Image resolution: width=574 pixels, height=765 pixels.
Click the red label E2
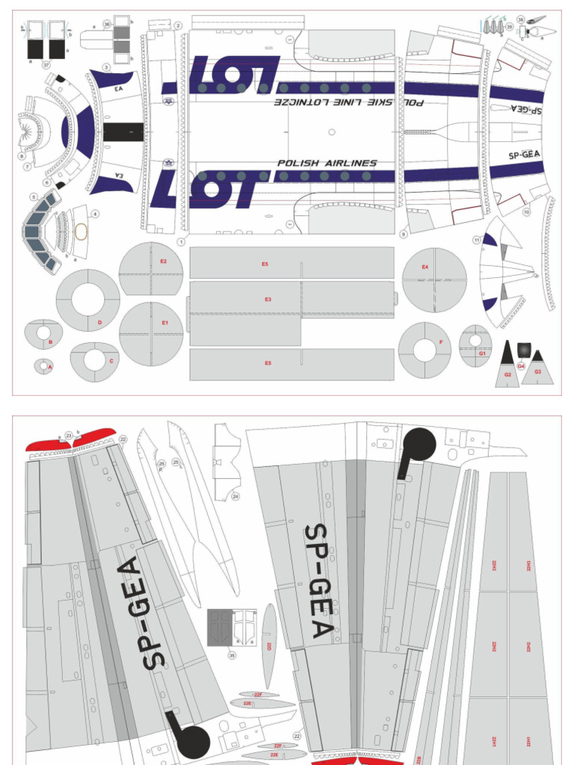[163, 261]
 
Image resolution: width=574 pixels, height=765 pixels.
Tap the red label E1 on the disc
[164, 323]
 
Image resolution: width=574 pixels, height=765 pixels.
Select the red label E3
[268, 300]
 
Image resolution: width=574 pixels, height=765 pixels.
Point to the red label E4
[425, 267]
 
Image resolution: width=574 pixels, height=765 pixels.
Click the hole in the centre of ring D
[87, 300]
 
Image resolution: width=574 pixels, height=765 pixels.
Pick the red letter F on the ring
[441, 342]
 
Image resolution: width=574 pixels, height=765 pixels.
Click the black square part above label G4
[524, 350]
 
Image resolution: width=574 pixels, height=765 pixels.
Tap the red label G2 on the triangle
[507, 374]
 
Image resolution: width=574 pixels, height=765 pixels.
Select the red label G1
[482, 353]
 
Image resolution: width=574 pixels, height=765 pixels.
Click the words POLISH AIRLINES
[327, 163]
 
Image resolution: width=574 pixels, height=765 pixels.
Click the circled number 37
[46, 65]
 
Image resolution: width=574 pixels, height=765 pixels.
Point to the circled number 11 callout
[476, 240]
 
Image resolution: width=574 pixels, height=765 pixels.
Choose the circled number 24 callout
[235, 496]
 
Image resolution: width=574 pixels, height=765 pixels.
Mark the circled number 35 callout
[232, 655]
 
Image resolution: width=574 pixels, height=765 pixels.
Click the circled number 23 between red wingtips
[69, 435]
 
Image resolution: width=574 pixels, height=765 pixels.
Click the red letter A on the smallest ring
[50, 367]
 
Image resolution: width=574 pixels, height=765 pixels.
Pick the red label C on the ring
[111, 361]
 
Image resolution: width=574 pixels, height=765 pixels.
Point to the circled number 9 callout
[403, 234]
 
